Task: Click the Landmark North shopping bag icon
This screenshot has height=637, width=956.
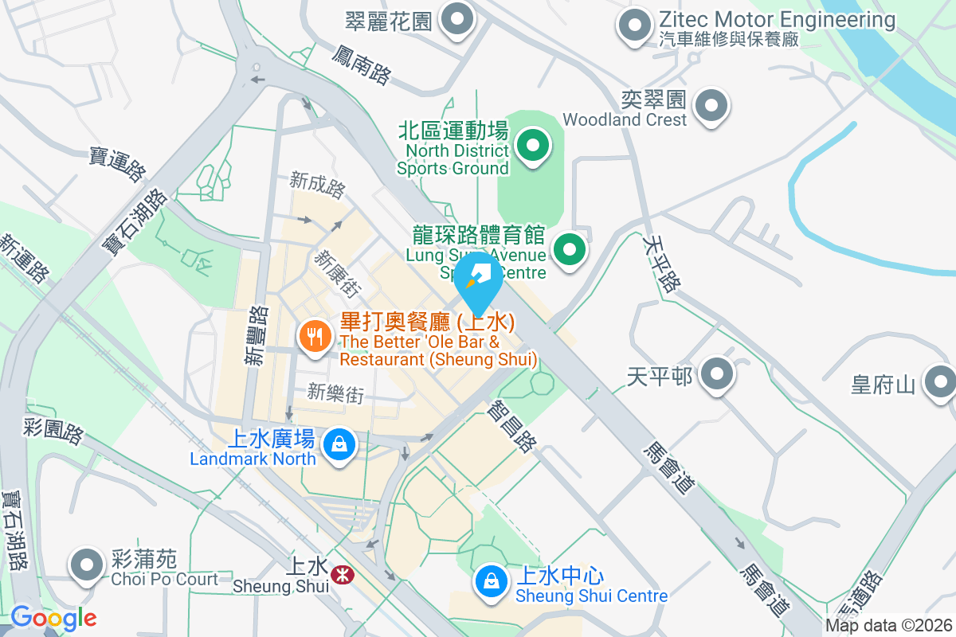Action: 340,444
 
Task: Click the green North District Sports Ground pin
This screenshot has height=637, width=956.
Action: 533,146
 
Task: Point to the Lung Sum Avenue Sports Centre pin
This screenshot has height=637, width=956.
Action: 569,250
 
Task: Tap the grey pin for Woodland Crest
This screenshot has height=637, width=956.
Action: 711,104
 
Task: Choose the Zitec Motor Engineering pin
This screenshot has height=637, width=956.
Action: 635,25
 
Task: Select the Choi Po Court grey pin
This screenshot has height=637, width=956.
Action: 87,565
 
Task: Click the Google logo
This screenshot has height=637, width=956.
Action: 53,617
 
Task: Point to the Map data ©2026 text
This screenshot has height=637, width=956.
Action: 887,626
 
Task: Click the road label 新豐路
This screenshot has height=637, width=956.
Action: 254,336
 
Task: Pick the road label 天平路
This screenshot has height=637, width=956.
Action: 662,263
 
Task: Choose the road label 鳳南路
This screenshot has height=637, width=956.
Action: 362,64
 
